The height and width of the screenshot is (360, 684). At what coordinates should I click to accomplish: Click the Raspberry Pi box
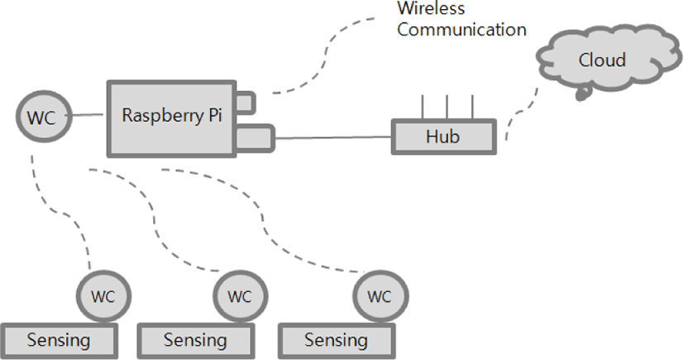(170, 117)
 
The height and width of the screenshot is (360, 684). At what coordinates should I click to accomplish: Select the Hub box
(442, 136)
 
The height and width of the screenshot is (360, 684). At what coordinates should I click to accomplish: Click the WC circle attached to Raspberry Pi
(41, 117)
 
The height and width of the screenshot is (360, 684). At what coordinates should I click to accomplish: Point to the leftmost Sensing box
(58, 340)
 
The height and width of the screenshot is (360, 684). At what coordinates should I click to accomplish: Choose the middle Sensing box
(194, 340)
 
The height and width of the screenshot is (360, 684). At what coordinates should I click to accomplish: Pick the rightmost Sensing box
(335, 340)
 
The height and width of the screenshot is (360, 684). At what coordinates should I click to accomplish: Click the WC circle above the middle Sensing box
(239, 295)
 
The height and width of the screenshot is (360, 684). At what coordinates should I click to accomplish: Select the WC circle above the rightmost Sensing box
(379, 295)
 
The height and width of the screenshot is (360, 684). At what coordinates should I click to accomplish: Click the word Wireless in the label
(431, 9)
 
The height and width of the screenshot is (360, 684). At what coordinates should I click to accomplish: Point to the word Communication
(462, 30)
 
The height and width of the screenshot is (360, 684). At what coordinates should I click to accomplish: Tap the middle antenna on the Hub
(447, 108)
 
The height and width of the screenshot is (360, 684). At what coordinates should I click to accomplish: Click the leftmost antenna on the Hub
(422, 108)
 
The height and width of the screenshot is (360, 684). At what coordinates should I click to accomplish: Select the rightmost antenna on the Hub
(472, 108)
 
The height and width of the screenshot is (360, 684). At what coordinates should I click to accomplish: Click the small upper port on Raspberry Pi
(245, 102)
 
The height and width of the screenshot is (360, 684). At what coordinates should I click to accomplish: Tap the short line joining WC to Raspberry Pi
(85, 116)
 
